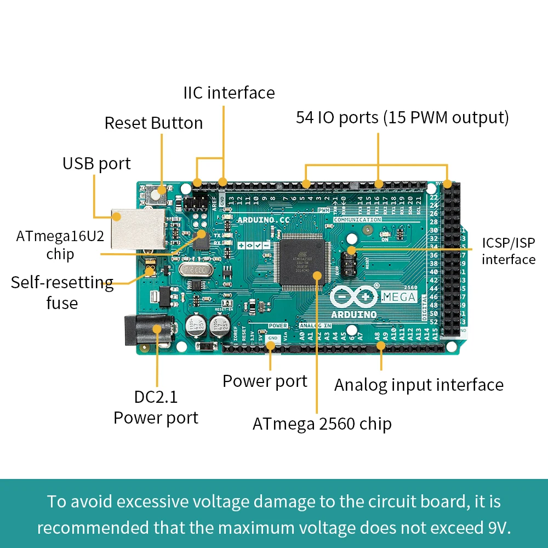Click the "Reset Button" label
[153, 123]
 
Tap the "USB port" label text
[96, 163]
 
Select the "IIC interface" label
[229, 93]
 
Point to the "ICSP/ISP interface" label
[508, 251]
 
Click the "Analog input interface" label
[419, 385]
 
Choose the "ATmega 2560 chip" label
[322, 423]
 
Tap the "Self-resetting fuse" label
[62, 293]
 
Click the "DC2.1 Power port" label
[156, 407]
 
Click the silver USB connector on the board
[136, 227]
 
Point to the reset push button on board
[159, 193]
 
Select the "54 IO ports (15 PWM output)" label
[402, 117]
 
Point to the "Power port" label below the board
[265, 381]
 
